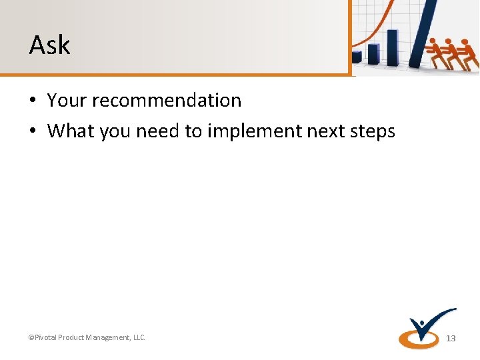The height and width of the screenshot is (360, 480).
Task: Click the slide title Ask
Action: tap(49, 45)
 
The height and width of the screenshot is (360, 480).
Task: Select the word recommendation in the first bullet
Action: tap(167, 101)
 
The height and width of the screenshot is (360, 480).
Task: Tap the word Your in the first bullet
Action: tap(67, 101)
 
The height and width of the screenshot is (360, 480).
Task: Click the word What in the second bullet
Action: tap(71, 131)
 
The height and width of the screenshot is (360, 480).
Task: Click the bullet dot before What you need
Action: tap(33, 132)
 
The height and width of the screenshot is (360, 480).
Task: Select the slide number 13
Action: tap(451, 339)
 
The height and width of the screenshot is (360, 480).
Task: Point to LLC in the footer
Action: tap(138, 338)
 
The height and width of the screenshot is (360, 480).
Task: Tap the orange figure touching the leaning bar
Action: tap(437, 52)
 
